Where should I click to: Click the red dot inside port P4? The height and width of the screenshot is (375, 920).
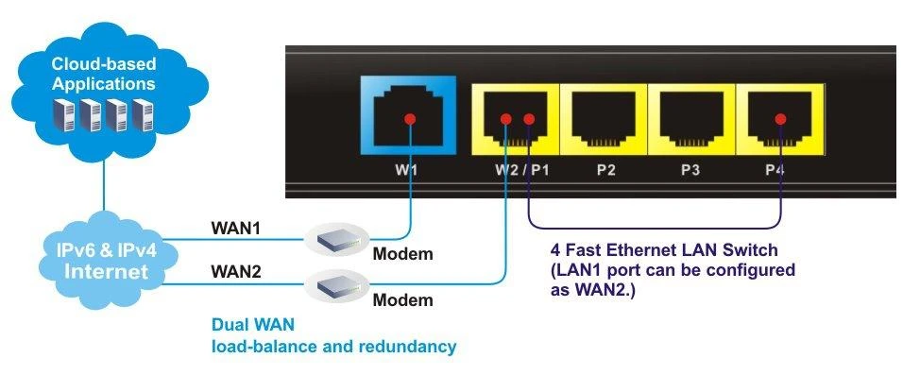point(780,119)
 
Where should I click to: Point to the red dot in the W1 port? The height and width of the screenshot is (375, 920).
point(409,119)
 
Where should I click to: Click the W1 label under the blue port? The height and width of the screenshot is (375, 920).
point(408,171)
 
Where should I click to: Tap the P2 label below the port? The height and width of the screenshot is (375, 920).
point(605,171)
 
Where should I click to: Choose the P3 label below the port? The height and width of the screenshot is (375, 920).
point(693,171)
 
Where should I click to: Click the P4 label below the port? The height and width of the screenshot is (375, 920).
point(780,171)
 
